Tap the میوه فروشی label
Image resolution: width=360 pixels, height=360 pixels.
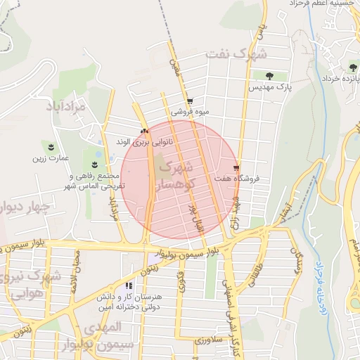tap(189, 112)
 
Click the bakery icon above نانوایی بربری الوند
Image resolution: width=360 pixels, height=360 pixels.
tap(145, 131)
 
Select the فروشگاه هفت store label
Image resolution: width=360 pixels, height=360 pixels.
tap(257, 179)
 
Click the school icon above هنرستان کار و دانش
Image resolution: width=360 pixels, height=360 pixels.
tap(128, 285)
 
